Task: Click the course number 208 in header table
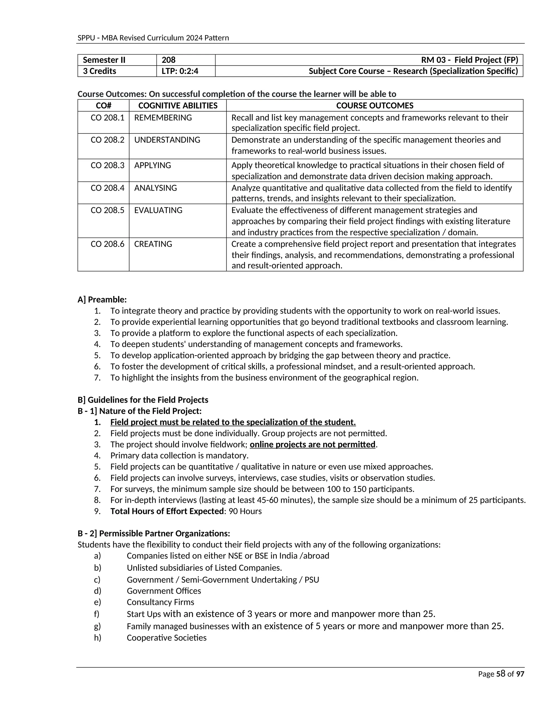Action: click(168, 60)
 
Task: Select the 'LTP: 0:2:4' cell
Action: click(180, 71)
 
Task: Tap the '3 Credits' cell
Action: click(99, 71)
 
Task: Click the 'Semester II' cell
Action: click(104, 60)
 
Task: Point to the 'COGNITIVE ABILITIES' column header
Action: click(178, 106)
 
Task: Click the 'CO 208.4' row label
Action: click(107, 188)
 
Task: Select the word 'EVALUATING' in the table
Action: click(158, 210)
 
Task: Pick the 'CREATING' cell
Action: click(153, 244)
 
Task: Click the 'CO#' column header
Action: click(104, 106)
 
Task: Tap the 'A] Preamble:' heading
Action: click(102, 300)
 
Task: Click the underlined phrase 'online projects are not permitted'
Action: click(313, 444)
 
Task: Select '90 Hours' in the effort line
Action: click(245, 511)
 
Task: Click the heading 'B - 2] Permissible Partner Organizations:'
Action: click(154, 533)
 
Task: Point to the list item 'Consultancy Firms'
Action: click(160, 602)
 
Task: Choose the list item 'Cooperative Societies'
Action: click(166, 638)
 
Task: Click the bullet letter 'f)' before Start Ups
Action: click(96, 614)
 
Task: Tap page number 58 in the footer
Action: click(501, 674)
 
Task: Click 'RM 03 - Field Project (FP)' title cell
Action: click(469, 60)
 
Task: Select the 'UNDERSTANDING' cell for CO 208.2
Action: click(167, 140)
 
